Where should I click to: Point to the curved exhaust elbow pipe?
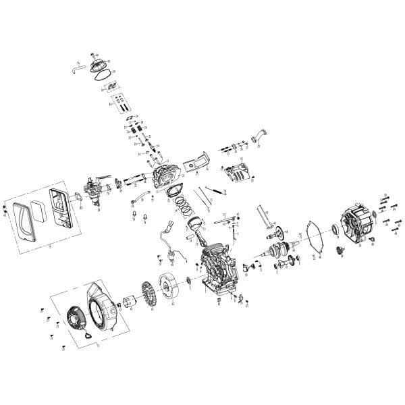(x=259, y=137)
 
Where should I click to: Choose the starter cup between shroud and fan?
(x=122, y=308)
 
